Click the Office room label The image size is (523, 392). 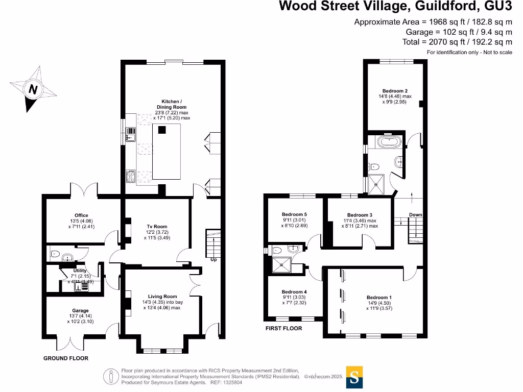pyautogui.click(x=81, y=215)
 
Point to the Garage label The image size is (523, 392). pyautogui.click(x=80, y=310)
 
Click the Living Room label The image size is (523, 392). pyautogui.click(x=162, y=297)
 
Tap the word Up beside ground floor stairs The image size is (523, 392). pyautogui.click(x=213, y=259)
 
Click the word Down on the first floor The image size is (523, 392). pyautogui.click(x=415, y=215)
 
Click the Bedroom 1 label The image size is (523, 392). pyautogui.click(x=379, y=297)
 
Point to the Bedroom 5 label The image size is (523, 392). pyautogui.click(x=294, y=214)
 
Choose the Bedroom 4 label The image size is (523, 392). pyautogui.click(x=294, y=291)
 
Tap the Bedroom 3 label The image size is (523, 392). pyautogui.click(x=360, y=215)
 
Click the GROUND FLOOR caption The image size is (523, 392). pyautogui.click(x=65, y=358)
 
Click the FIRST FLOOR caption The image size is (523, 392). pyautogui.click(x=283, y=328)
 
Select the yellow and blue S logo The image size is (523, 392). pyautogui.click(x=354, y=377)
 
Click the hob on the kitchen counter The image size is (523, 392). pyautogui.click(x=130, y=177)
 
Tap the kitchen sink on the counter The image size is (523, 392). pyautogui.click(x=130, y=134)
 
